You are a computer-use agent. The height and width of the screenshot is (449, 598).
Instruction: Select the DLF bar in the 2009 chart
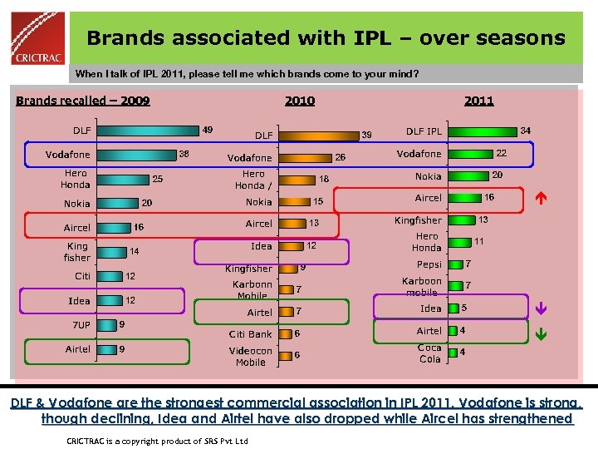click(x=147, y=130)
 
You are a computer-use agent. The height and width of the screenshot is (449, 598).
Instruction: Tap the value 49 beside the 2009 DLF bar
click(x=208, y=130)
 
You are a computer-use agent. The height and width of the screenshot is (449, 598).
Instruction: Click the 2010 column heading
click(x=300, y=101)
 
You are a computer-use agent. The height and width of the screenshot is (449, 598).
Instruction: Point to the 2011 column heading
click(x=478, y=101)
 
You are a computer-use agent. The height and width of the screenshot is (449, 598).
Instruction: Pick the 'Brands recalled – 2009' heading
click(x=83, y=101)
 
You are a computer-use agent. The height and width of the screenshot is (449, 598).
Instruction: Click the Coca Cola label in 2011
click(x=429, y=353)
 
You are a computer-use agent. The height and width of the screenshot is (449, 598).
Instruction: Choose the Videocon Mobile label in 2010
click(x=250, y=357)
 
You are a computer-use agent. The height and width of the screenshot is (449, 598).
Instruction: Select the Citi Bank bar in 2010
click(x=284, y=334)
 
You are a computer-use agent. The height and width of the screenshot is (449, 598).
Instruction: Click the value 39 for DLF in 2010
click(x=366, y=135)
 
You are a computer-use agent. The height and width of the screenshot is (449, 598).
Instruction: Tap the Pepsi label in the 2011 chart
click(x=429, y=264)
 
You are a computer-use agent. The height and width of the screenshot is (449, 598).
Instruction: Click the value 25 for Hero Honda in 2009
click(x=157, y=179)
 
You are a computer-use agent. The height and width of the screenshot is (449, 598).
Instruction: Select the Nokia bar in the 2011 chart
click(x=467, y=175)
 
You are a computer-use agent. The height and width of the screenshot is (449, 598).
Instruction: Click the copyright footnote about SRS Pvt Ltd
click(x=157, y=440)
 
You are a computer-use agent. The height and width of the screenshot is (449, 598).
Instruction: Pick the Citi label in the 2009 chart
click(x=82, y=276)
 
